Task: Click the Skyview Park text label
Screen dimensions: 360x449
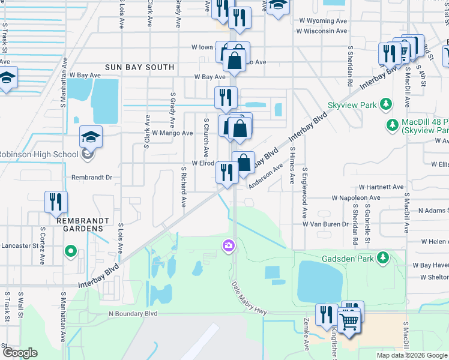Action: pos(352,105)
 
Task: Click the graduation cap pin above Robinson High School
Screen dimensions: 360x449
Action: pos(91,137)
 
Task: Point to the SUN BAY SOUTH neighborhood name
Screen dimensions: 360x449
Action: pos(139,68)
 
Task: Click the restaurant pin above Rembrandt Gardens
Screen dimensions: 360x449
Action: pos(56,202)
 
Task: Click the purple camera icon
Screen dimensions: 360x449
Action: pos(228,245)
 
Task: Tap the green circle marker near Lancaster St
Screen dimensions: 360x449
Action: pos(71,251)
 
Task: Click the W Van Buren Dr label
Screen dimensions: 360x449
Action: pos(325,224)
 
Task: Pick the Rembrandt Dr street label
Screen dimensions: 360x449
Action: pos(92,178)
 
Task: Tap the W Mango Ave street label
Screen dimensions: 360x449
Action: pos(172,133)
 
